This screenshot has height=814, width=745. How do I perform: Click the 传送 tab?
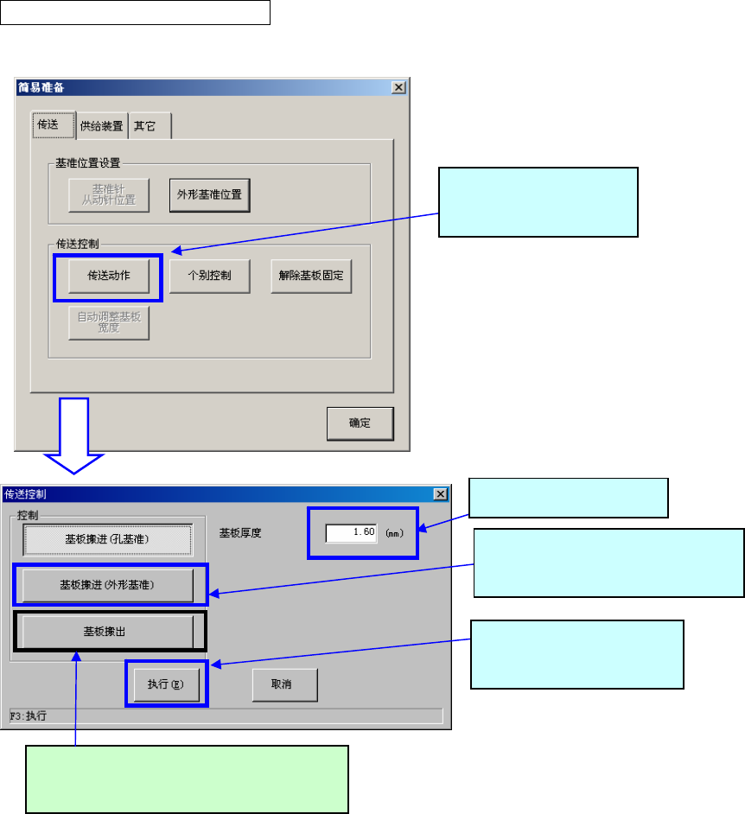(x=48, y=125)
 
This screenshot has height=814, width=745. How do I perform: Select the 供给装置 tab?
(x=101, y=126)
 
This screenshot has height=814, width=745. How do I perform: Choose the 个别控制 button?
(x=209, y=277)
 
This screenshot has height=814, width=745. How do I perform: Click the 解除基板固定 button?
(x=311, y=277)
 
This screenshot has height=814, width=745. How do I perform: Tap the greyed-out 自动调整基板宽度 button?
(x=109, y=322)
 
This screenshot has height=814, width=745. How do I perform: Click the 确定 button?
(x=360, y=423)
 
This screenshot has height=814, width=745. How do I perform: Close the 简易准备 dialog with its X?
(x=398, y=87)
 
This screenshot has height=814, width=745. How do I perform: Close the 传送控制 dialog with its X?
(x=440, y=494)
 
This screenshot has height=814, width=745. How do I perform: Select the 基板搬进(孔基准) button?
(x=107, y=539)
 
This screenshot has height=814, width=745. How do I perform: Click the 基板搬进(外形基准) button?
(x=107, y=585)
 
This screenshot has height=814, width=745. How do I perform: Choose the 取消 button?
(x=284, y=684)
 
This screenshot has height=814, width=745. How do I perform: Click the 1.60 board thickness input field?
(x=351, y=532)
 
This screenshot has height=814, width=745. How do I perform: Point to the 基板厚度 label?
(x=240, y=533)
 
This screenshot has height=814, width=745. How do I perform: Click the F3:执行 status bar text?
(x=28, y=716)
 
